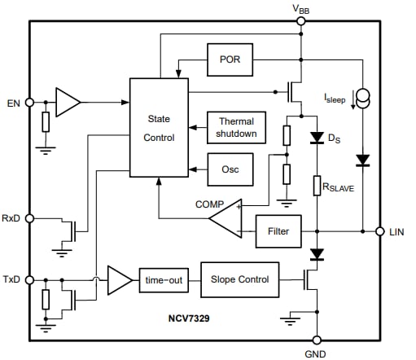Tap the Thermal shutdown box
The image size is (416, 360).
point(236,128)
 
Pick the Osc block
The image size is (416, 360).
point(230,169)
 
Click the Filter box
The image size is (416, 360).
point(278,231)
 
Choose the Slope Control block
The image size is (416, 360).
point(239,280)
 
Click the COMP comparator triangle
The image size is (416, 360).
point(226,216)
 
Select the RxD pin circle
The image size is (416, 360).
point(29,218)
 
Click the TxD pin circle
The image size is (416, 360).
point(29,280)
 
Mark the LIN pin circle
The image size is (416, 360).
point(380,231)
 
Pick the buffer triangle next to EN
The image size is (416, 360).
point(68,102)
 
